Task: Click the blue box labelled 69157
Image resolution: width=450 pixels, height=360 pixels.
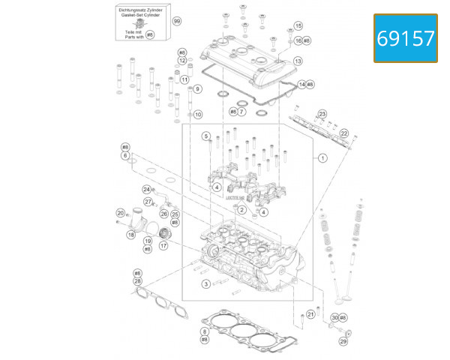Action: (x=405, y=38)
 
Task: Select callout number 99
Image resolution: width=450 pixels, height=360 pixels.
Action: (x=177, y=21)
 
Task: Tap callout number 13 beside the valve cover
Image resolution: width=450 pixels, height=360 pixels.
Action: (x=298, y=61)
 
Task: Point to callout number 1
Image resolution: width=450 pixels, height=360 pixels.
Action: (x=322, y=158)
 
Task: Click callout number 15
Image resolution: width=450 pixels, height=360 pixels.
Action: (x=298, y=26)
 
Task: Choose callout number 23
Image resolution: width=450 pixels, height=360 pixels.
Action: (x=322, y=114)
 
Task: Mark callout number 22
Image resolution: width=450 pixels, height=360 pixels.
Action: (x=344, y=133)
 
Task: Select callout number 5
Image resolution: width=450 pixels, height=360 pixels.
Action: (x=205, y=136)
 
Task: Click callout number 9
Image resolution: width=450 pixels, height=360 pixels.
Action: (x=197, y=88)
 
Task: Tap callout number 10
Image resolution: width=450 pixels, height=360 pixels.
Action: (x=197, y=115)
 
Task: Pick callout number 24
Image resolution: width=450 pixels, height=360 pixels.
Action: (x=147, y=189)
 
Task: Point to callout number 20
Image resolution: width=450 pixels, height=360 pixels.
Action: (x=119, y=213)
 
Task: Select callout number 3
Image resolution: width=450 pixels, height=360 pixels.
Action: (x=205, y=284)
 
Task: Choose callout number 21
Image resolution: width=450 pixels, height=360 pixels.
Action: (x=311, y=314)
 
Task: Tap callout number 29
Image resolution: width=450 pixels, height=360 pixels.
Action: (x=343, y=341)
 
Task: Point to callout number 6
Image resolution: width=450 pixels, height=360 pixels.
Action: (x=125, y=155)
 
